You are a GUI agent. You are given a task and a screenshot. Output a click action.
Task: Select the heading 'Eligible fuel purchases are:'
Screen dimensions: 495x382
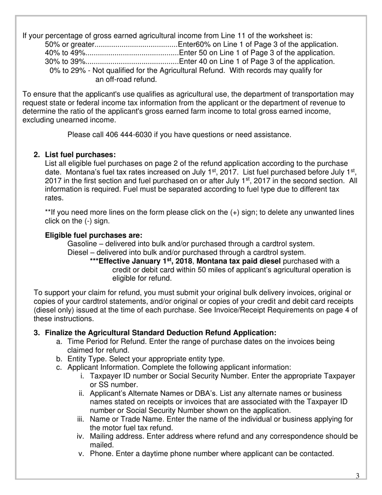94,235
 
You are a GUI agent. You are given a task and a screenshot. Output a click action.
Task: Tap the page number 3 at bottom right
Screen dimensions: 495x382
357,476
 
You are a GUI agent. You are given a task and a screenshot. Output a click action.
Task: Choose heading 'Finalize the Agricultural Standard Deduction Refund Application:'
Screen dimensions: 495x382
161,333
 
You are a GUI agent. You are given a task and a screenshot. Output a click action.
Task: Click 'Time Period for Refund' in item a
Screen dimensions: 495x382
104,342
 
